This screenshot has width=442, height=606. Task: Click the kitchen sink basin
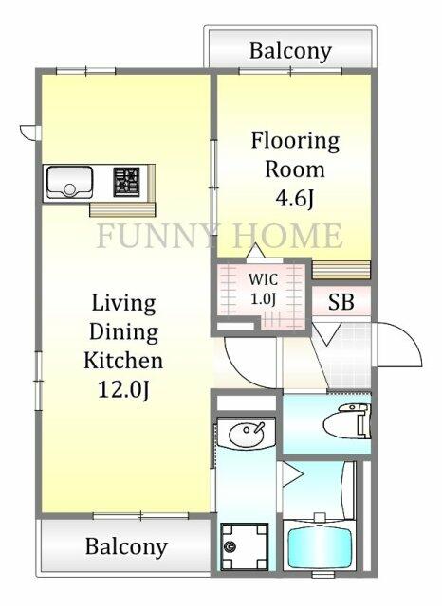coord(69,182)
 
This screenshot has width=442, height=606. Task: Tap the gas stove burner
coord(126,182)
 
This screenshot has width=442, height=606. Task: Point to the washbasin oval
coord(247,435)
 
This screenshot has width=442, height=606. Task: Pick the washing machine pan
coord(244,546)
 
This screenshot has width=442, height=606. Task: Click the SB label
coord(341,302)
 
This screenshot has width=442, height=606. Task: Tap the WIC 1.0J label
coord(263,288)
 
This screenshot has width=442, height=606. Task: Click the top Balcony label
coord(290,51)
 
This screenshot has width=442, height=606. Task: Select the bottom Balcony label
coord(126,546)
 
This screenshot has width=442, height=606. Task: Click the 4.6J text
coord(294,199)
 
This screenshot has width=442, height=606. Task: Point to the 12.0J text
coord(123,389)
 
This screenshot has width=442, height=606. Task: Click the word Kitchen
coord(123,360)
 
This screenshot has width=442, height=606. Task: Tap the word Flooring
coord(295,141)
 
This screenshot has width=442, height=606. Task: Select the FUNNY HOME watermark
coord(219,236)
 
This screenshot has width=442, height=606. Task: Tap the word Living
coord(124,304)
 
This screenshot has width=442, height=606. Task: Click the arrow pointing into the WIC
coord(256,251)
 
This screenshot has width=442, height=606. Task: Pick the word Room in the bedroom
coord(295,169)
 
